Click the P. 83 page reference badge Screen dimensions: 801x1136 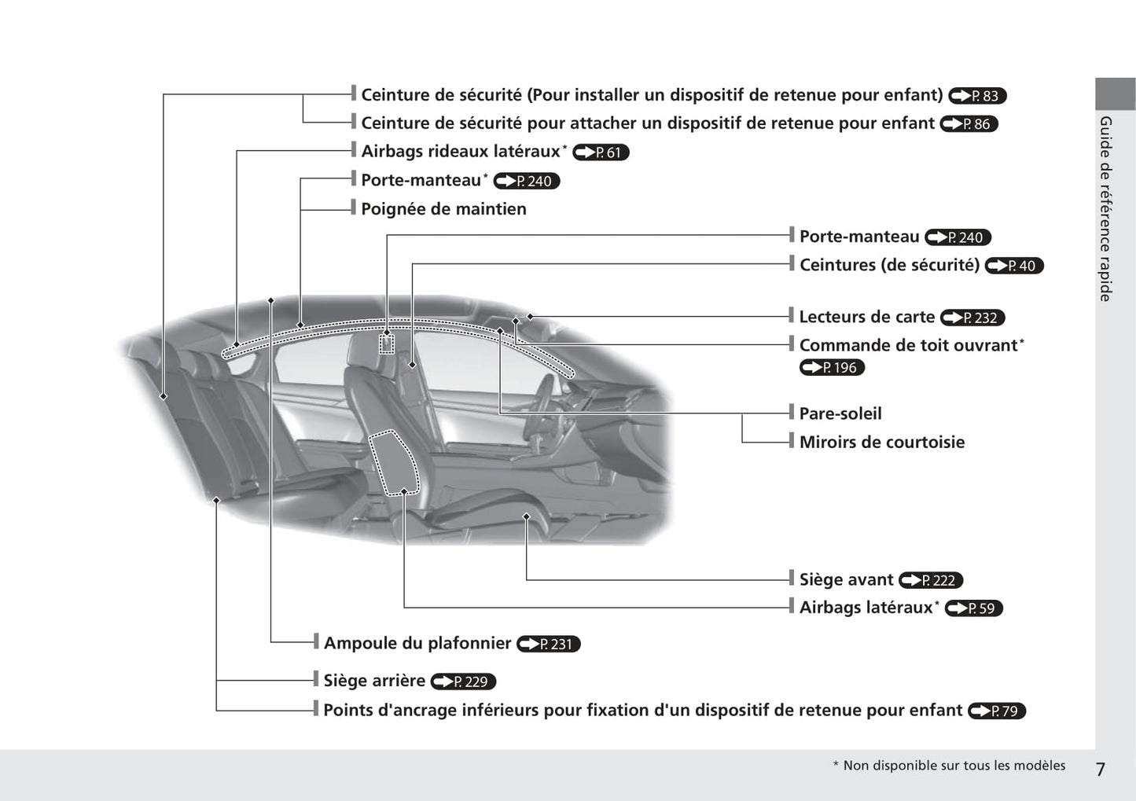977,96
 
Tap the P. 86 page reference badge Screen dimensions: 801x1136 969,124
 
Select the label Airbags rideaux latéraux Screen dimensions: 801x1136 460,151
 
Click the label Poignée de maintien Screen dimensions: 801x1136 443,209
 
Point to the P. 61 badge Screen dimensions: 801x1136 601,152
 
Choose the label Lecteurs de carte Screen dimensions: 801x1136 866,317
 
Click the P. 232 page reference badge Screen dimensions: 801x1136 972,318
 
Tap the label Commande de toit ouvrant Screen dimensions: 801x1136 908,345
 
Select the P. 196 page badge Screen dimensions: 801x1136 832,367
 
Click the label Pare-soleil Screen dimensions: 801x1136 840,413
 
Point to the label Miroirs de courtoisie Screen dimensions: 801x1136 881,442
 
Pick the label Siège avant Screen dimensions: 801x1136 846,579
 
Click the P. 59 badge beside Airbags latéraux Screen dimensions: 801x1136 973,608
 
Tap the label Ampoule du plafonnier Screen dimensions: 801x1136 417,643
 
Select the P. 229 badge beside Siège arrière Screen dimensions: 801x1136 463,682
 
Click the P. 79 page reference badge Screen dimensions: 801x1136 996,711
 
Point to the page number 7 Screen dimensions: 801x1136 1101,769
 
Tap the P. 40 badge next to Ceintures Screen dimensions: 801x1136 1013,266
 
